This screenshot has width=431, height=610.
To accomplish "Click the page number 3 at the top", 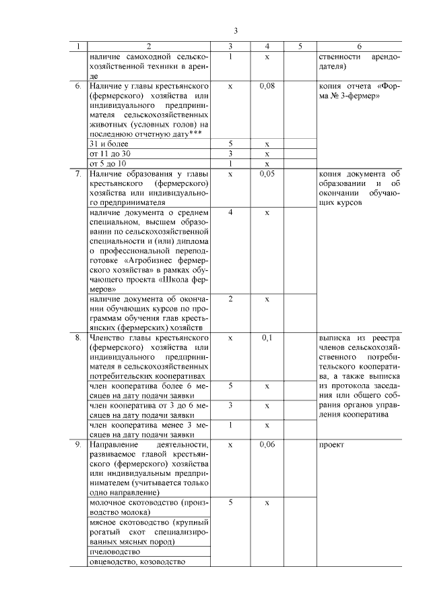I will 235,30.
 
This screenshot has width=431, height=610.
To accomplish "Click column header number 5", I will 300,47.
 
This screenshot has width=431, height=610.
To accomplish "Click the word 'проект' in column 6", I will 332,446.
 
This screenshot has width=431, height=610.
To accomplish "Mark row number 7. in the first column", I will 78,174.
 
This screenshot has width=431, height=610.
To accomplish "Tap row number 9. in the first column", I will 78,446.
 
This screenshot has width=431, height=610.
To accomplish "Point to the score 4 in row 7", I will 230,212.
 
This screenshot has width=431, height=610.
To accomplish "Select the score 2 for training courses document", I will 230,299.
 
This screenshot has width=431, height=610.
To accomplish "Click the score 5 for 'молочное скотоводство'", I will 230,503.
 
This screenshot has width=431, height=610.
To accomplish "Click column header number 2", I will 149,47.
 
